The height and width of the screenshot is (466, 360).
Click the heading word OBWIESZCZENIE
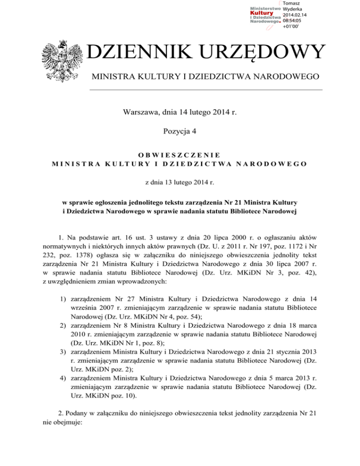tap(180, 154)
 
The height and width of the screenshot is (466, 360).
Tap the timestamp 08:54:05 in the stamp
tap(292, 21)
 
